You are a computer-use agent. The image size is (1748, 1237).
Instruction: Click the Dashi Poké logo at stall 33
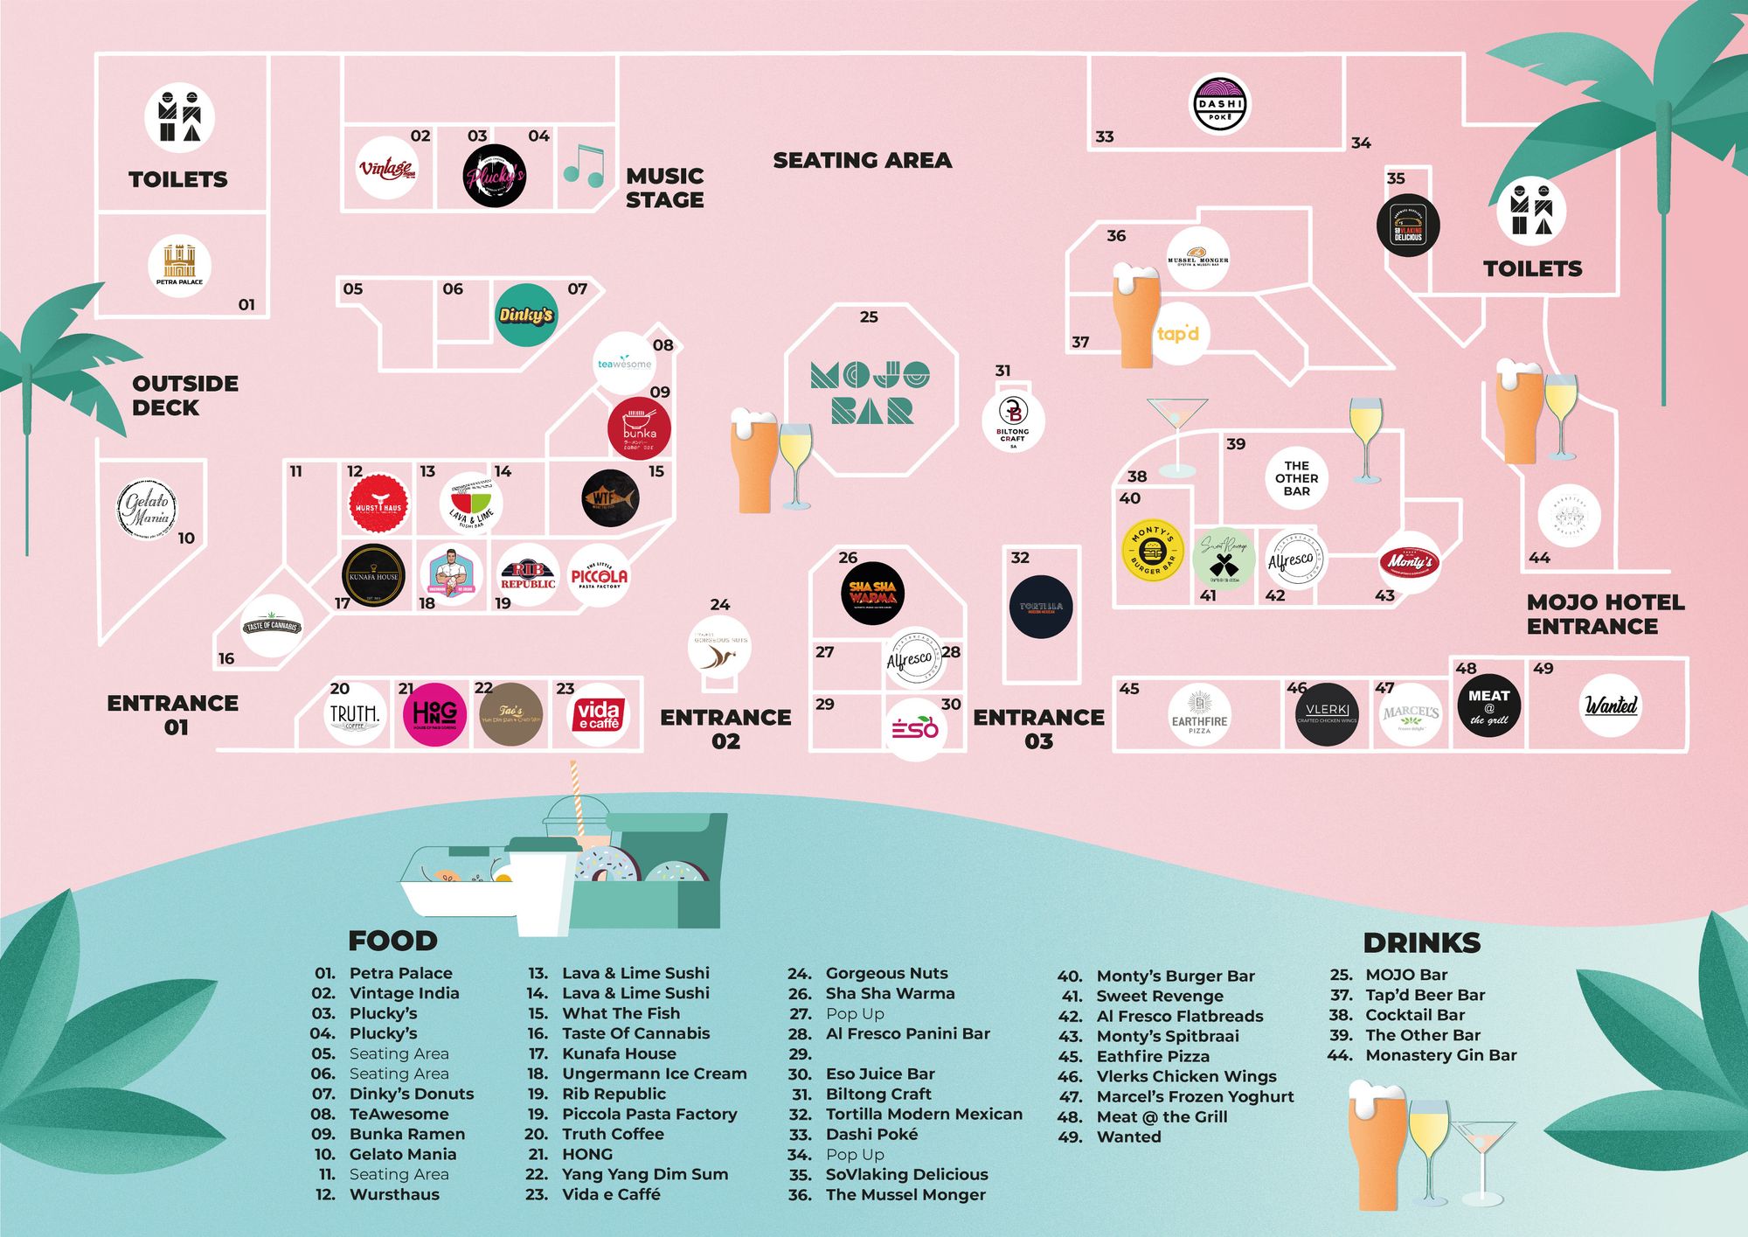point(1220,104)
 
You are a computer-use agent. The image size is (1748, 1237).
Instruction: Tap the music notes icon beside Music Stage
point(583,166)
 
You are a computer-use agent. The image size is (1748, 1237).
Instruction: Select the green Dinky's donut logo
point(525,315)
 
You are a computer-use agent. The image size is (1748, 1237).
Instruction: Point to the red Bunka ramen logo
point(639,428)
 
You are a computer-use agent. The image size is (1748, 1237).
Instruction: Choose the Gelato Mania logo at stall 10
point(148,509)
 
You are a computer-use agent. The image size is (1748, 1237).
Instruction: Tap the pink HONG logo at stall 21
point(434,714)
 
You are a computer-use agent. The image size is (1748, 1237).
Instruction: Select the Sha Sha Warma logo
point(872,593)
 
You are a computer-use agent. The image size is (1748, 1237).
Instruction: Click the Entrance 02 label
point(725,729)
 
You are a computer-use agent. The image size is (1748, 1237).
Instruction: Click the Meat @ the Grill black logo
point(1488,706)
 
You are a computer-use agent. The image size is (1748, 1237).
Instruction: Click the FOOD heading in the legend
point(392,941)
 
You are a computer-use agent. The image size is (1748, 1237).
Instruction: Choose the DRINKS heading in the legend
point(1421,942)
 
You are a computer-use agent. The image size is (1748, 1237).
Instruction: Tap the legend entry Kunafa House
point(619,1053)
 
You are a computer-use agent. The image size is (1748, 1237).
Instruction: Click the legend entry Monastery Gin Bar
point(1440,1055)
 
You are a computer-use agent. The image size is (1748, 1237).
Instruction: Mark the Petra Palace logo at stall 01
point(179,265)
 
